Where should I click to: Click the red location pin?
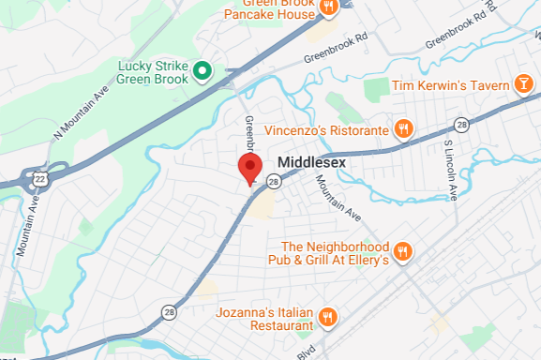pos(248,170)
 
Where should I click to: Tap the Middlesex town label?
pos(312,161)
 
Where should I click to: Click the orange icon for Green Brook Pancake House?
pos(328,7)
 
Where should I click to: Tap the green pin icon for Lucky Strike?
pos(201,70)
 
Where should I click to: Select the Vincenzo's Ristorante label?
pos(326,129)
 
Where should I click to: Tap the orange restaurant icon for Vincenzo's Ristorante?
pos(403,129)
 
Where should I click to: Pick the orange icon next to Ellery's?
pos(402,251)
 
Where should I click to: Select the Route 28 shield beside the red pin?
pos(273,181)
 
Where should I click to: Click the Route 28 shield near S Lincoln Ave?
pos(460,125)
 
